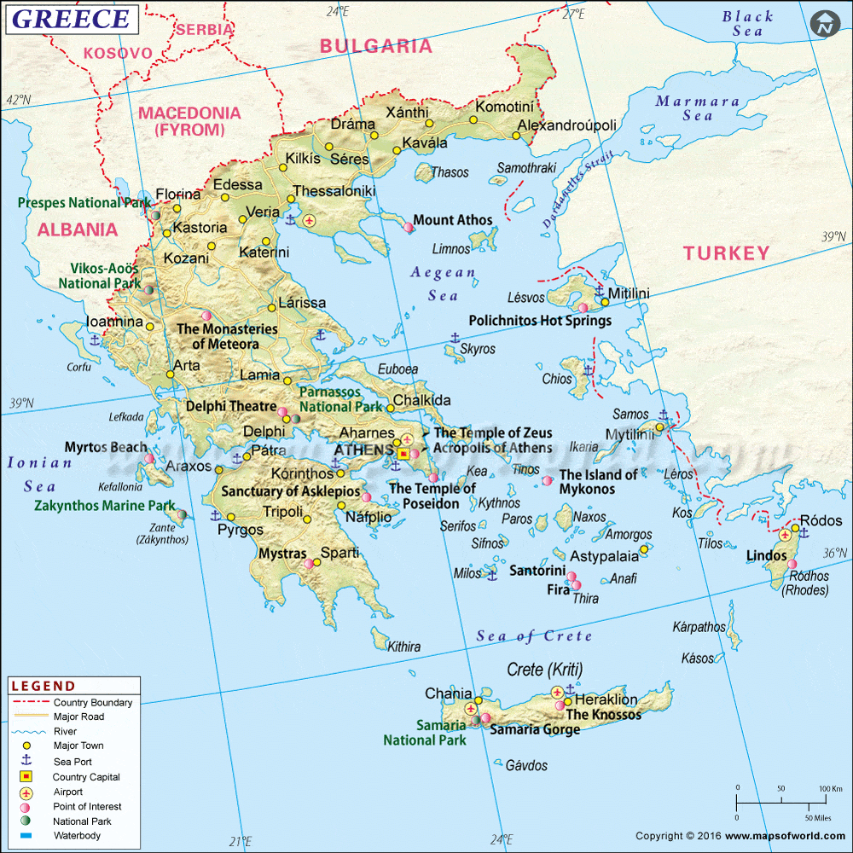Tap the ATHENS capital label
coord(364,450)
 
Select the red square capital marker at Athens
coord(403,455)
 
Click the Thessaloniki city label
coord(334,191)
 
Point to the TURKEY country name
coord(726,252)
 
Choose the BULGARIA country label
coord(376,46)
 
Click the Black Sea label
coord(747,23)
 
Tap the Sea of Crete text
coord(534,635)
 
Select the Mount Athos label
coord(453,220)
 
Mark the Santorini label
coord(537,571)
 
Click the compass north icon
coord(824,24)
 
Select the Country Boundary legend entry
coord(92,703)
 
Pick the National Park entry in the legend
coord(82,821)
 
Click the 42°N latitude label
coord(18,100)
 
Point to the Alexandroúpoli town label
coord(567,125)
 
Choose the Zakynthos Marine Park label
coord(104,505)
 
